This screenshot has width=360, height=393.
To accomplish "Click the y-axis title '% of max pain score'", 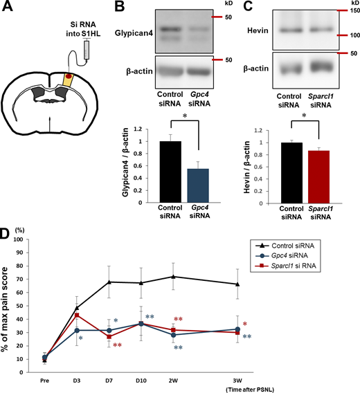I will tap(9, 304).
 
